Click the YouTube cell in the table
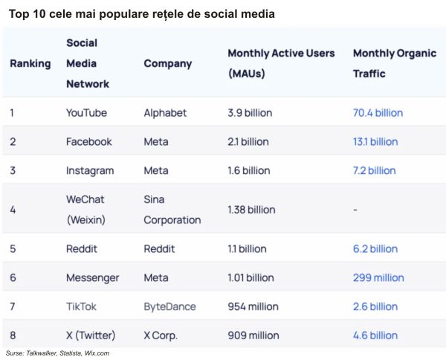[x=86, y=113]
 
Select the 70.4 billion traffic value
[x=378, y=113]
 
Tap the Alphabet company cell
[x=165, y=113]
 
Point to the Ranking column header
[x=30, y=63]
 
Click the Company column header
[x=167, y=63]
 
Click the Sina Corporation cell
[x=172, y=209]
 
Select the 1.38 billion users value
[x=251, y=210]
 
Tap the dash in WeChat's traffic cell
[x=355, y=210]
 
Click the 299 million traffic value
[x=378, y=277]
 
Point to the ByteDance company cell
[x=169, y=306]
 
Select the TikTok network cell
[x=81, y=306]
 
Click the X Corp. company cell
[x=161, y=335]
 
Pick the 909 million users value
[x=253, y=335]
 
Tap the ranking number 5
[x=13, y=249]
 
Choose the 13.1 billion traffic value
[x=375, y=141]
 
